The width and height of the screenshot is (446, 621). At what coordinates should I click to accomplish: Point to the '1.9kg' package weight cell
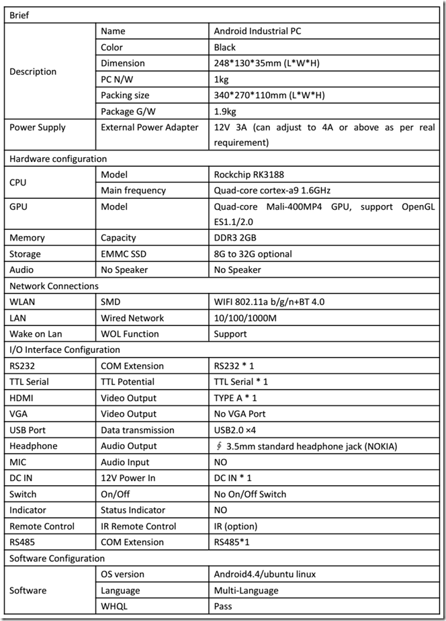225,111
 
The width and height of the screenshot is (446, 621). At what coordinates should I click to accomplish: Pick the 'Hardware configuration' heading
58,159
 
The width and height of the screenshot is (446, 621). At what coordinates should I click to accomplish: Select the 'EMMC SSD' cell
123,254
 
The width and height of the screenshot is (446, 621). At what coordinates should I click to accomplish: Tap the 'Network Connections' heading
54,286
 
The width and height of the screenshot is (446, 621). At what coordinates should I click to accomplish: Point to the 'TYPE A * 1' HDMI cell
235,398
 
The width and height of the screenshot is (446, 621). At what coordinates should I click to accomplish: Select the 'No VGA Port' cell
240,414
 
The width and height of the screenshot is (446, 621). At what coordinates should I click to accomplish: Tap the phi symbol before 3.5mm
220,446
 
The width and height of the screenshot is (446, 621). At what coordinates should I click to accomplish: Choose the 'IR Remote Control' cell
138,526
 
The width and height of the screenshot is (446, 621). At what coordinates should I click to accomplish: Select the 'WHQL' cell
114,606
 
